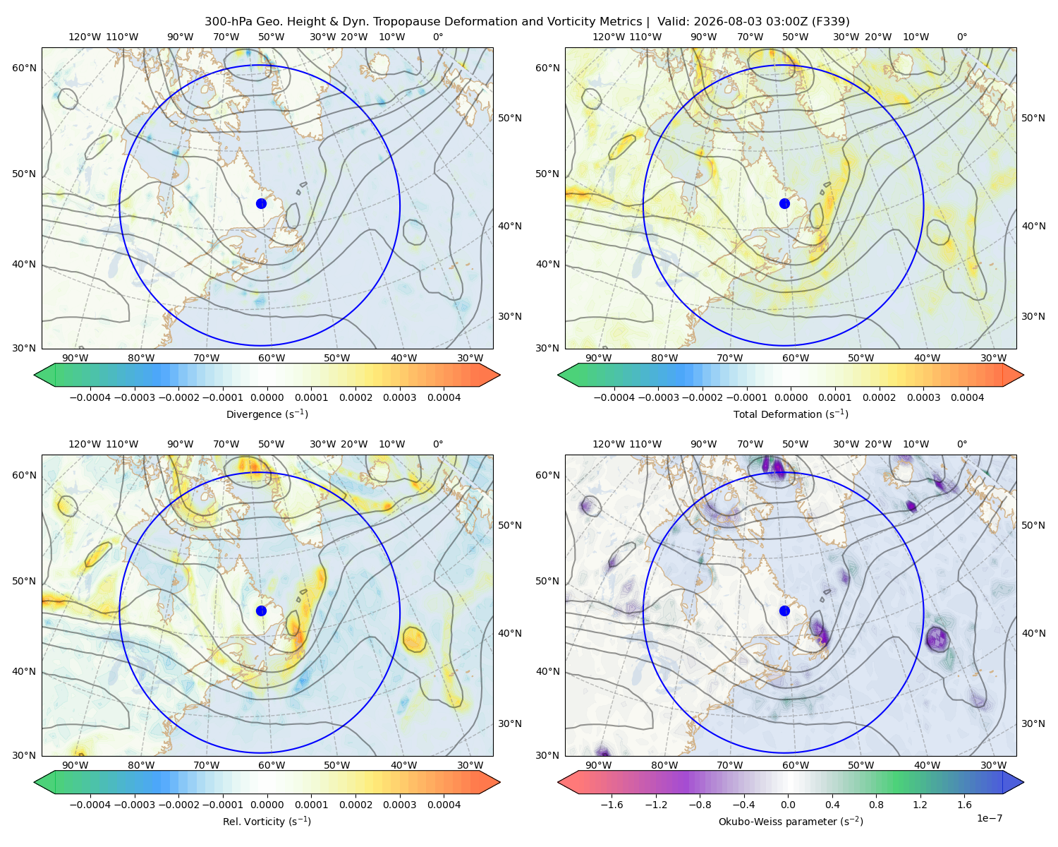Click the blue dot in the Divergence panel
click(x=261, y=203)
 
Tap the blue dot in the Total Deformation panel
click(x=784, y=203)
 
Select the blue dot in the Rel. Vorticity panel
click(x=261, y=611)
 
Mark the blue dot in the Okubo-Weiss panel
click(x=784, y=611)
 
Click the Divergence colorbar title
click(x=267, y=414)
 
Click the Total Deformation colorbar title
click(x=791, y=414)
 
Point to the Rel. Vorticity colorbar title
click(x=267, y=821)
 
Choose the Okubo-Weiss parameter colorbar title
click(x=791, y=821)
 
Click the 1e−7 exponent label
click(x=989, y=818)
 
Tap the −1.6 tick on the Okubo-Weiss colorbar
click(x=612, y=805)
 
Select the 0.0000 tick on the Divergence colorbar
click(x=267, y=397)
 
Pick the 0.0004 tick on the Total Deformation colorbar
click(x=967, y=397)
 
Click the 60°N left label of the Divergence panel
click(x=24, y=68)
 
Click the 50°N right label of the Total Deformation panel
click(x=1033, y=118)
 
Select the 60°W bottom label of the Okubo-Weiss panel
click(x=795, y=765)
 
